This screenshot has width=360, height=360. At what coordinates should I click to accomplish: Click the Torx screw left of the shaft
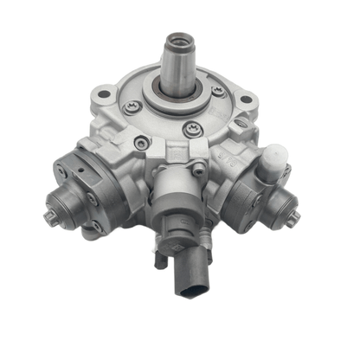coord(133,107)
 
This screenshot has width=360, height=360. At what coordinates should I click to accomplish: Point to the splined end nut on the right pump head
coord(290,215)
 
